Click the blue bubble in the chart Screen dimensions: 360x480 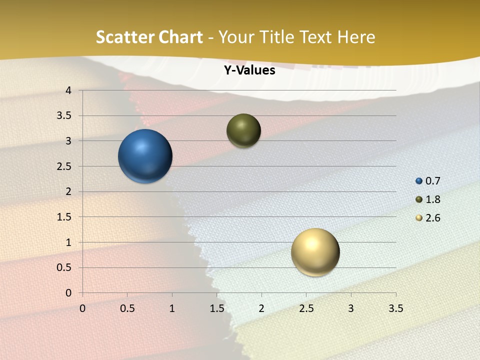145,156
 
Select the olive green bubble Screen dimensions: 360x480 243,130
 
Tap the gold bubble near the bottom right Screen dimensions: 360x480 315,252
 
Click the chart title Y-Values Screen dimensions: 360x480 249,70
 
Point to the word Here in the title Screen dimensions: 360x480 356,37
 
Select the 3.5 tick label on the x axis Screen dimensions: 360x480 395,308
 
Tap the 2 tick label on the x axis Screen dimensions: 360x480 261,308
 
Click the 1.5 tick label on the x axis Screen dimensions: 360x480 216,308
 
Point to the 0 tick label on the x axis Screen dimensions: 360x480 82,308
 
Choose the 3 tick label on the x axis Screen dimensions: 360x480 351,308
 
